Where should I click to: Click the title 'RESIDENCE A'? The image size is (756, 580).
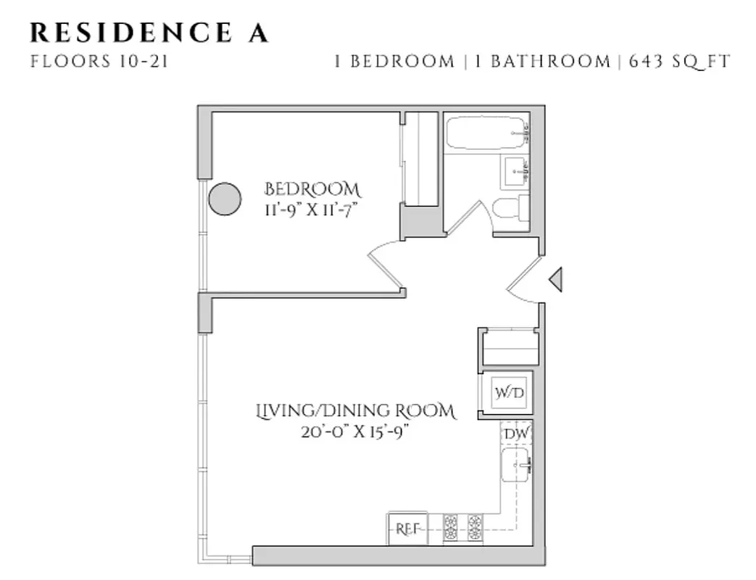pos(149,33)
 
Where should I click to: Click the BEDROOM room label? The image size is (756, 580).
pos(312,190)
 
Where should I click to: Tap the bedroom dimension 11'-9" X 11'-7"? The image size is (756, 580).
pos(312,210)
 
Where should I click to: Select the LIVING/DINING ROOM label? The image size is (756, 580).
pos(356,412)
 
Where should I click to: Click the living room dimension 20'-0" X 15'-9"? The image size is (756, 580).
pos(356,433)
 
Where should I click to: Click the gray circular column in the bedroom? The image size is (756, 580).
pos(225,199)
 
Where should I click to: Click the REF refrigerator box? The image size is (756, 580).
pos(407,529)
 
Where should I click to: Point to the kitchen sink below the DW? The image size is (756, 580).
pos(516,465)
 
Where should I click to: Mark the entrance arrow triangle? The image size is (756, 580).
pos(555,279)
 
